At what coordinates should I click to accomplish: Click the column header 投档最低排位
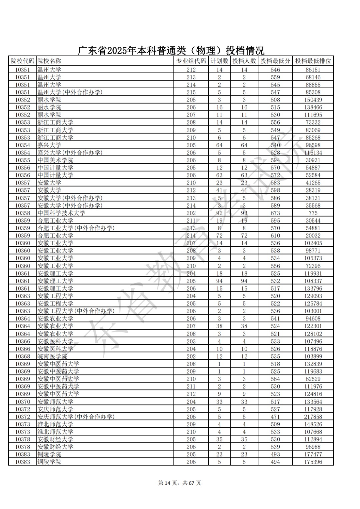[313, 61]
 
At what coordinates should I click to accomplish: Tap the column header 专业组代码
[191, 61]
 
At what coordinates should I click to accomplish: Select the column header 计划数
[219, 61]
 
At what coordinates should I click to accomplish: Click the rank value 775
[313, 213]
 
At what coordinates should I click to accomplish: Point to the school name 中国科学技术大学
[61, 213]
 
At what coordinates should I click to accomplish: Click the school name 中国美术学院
[55, 160]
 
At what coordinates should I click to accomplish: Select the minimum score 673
[275, 213]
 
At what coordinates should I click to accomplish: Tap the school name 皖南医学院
[52, 356]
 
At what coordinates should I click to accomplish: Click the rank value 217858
[313, 417]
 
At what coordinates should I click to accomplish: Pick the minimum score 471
[275, 417]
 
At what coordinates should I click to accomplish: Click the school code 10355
[22, 160]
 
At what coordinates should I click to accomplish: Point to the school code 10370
[22, 402]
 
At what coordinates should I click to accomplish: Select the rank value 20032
[313, 236]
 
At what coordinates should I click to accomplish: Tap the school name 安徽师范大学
[55, 402]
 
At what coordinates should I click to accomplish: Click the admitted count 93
[244, 213]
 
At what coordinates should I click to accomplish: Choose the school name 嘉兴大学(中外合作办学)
[70, 153]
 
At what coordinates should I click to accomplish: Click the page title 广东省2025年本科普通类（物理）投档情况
[171, 50]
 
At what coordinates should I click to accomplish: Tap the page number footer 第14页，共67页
[180, 483]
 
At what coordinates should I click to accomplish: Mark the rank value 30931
[313, 160]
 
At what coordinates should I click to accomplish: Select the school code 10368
[22, 356]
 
